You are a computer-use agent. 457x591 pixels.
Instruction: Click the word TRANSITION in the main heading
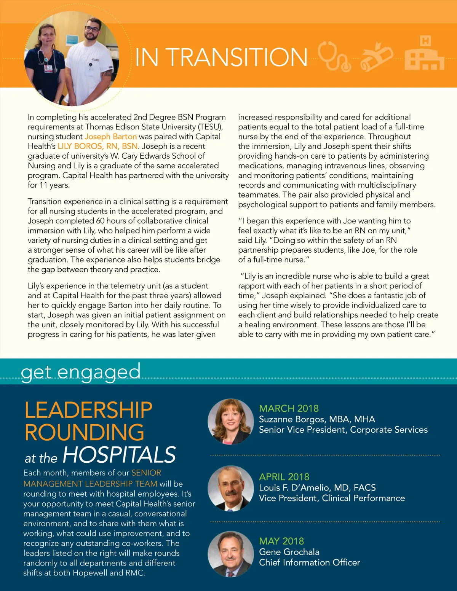pos(238,57)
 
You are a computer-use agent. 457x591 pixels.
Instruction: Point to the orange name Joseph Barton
pos(110,137)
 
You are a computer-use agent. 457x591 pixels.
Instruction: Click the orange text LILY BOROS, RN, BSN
pos(97,147)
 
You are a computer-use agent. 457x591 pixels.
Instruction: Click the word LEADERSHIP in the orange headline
pos(88,410)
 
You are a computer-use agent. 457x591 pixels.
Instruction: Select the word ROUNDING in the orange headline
pos(85,432)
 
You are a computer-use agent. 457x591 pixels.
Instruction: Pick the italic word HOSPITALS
pos(119,455)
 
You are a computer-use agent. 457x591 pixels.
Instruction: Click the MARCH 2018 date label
pos(289,408)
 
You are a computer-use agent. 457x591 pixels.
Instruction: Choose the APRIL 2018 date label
pos(284,477)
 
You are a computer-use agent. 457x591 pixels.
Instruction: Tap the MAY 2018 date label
pos(281,541)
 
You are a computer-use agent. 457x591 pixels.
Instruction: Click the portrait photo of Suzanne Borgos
pos(230,422)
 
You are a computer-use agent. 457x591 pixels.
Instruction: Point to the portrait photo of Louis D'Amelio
pos(230,488)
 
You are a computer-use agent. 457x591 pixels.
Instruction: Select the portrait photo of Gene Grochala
pos(230,554)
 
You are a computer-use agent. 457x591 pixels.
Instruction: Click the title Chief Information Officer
pos(309,562)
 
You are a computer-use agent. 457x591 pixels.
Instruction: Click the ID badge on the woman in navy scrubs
pos(48,68)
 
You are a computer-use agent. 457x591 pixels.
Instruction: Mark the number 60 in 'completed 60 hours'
pos(100,221)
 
